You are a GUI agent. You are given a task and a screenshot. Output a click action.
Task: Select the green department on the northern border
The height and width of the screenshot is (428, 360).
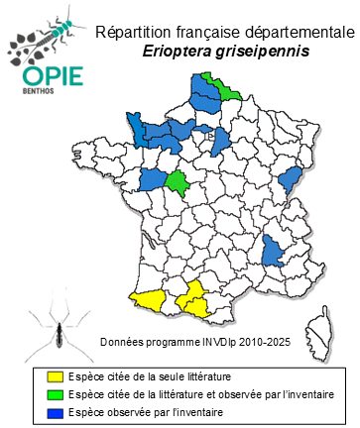(220, 87)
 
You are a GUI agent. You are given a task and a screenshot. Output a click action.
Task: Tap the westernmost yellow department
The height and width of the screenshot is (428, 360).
(146, 299)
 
